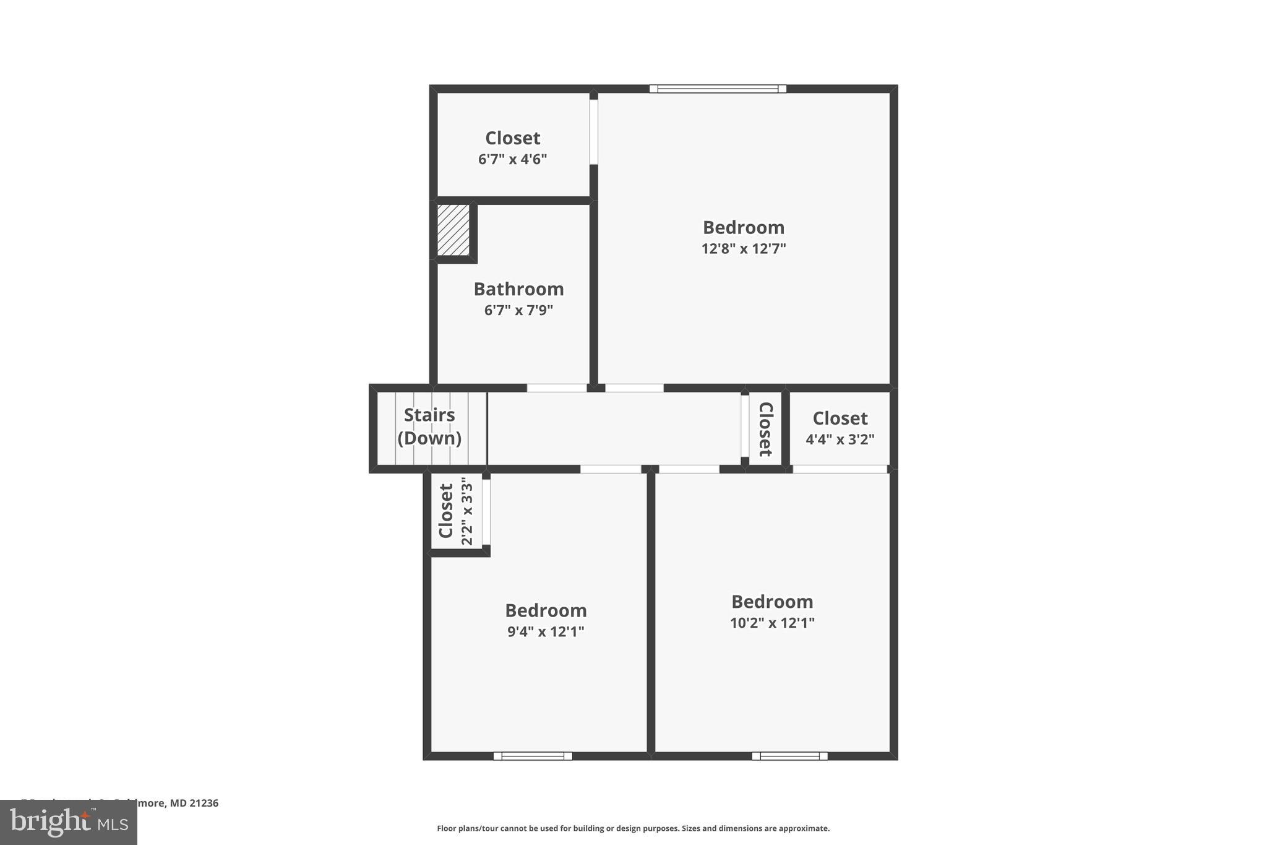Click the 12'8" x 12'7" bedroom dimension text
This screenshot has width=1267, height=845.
pos(743,249)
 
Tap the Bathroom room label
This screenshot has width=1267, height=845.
pos(518,289)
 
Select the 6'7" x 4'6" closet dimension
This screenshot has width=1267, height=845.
pos(512,160)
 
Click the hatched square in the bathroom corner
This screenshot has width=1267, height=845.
pos(453,230)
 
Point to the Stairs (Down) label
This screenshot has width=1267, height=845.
pos(429,427)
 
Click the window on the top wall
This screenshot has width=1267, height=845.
pos(718,89)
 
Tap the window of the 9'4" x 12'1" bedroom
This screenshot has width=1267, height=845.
pos(533,756)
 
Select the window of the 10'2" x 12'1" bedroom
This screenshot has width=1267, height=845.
pos(789,756)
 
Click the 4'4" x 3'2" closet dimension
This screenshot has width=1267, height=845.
pos(840,440)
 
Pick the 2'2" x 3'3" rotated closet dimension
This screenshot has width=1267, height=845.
pos(467,511)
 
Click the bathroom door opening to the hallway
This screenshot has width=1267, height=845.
pos(557,388)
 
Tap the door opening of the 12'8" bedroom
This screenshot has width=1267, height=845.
pos(634,388)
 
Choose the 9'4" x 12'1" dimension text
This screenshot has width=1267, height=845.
pos(546,632)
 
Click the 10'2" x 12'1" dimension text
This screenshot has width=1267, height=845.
pos(772,623)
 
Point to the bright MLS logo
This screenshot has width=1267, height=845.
pos(69,822)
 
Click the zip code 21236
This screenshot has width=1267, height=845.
pos(204,804)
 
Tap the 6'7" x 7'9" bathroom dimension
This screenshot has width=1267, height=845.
pos(518,310)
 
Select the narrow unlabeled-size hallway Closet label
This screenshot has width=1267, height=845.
pos(766,429)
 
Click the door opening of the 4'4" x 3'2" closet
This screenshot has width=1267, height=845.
pos(840,469)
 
